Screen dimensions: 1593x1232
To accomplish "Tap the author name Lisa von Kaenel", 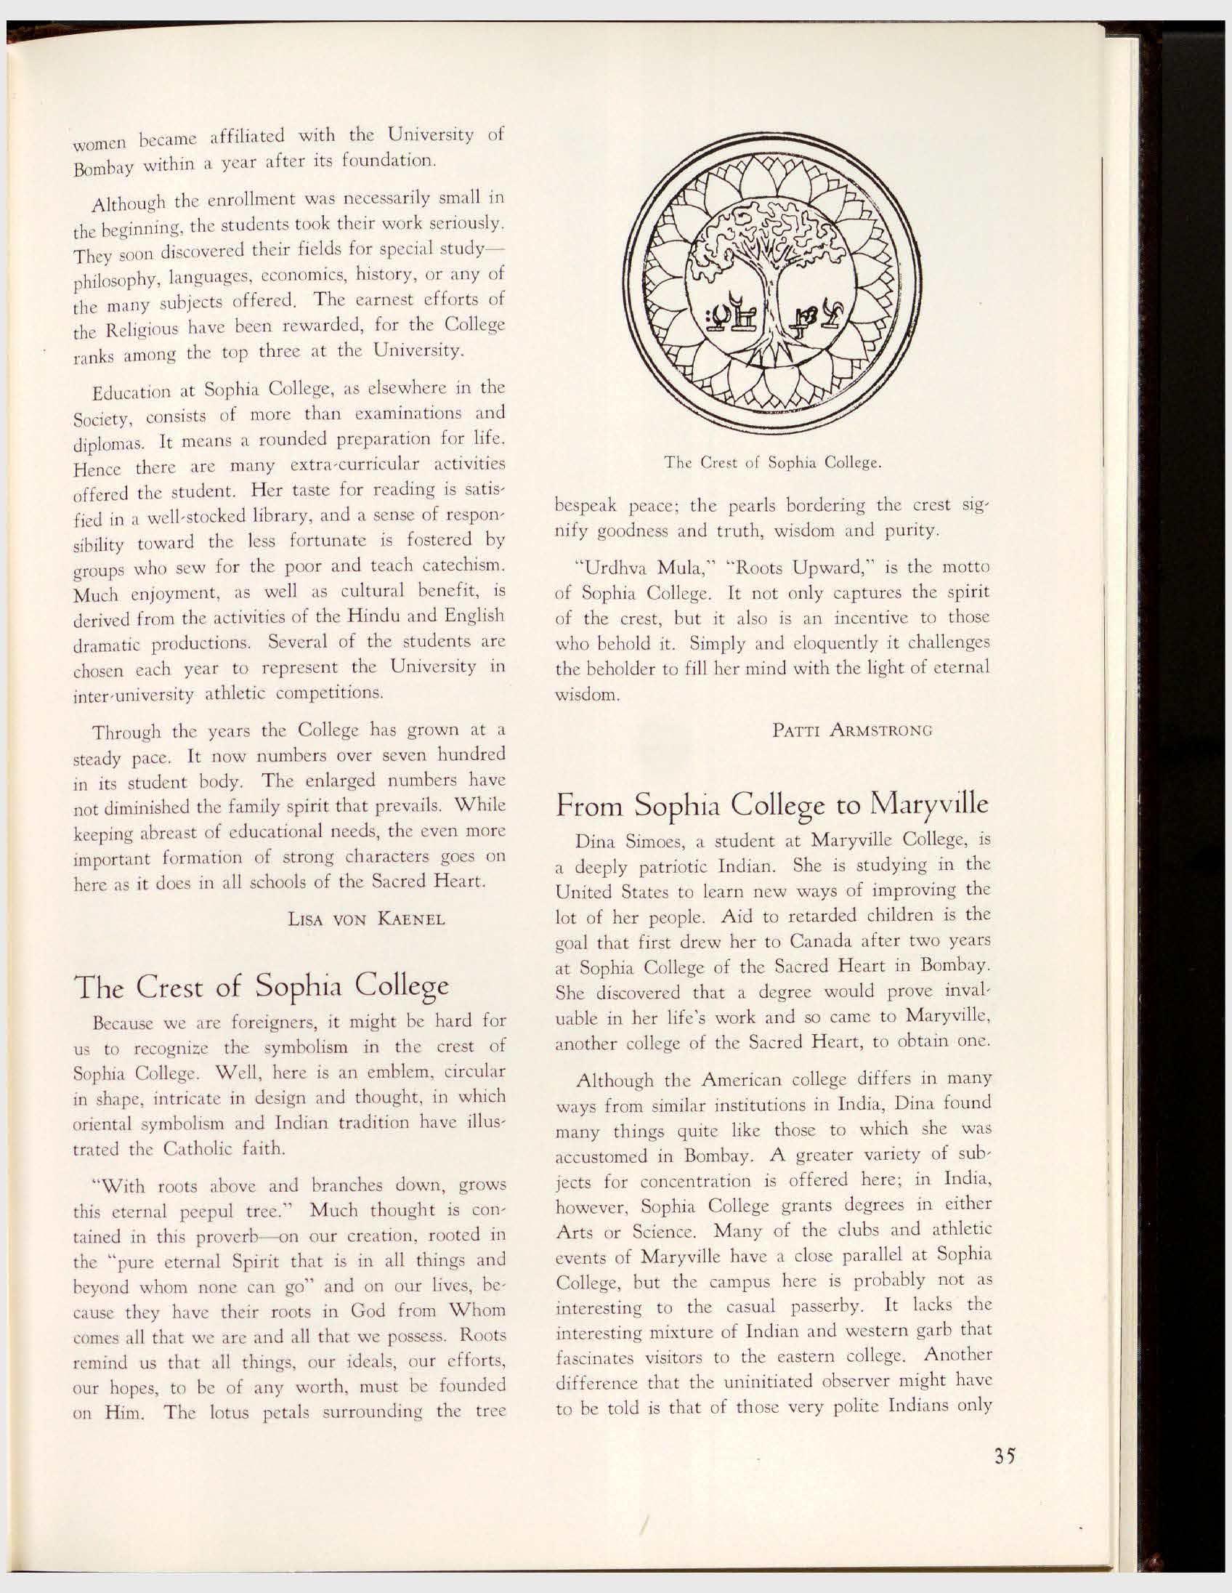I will [x=367, y=919].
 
